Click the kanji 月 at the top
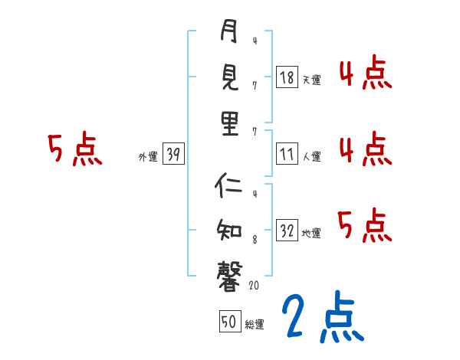point(229,33)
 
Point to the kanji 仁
point(229,185)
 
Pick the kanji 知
point(229,229)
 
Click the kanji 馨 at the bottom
point(229,273)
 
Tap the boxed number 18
point(287,77)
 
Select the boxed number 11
point(287,154)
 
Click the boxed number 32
point(287,231)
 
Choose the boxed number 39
point(172,155)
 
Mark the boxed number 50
point(228,322)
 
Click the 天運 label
point(311,79)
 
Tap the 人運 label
point(311,156)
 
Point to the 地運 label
point(311,233)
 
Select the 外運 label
point(147,157)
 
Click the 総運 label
point(255,324)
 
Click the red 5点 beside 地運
point(364,224)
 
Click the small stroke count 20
point(256,286)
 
